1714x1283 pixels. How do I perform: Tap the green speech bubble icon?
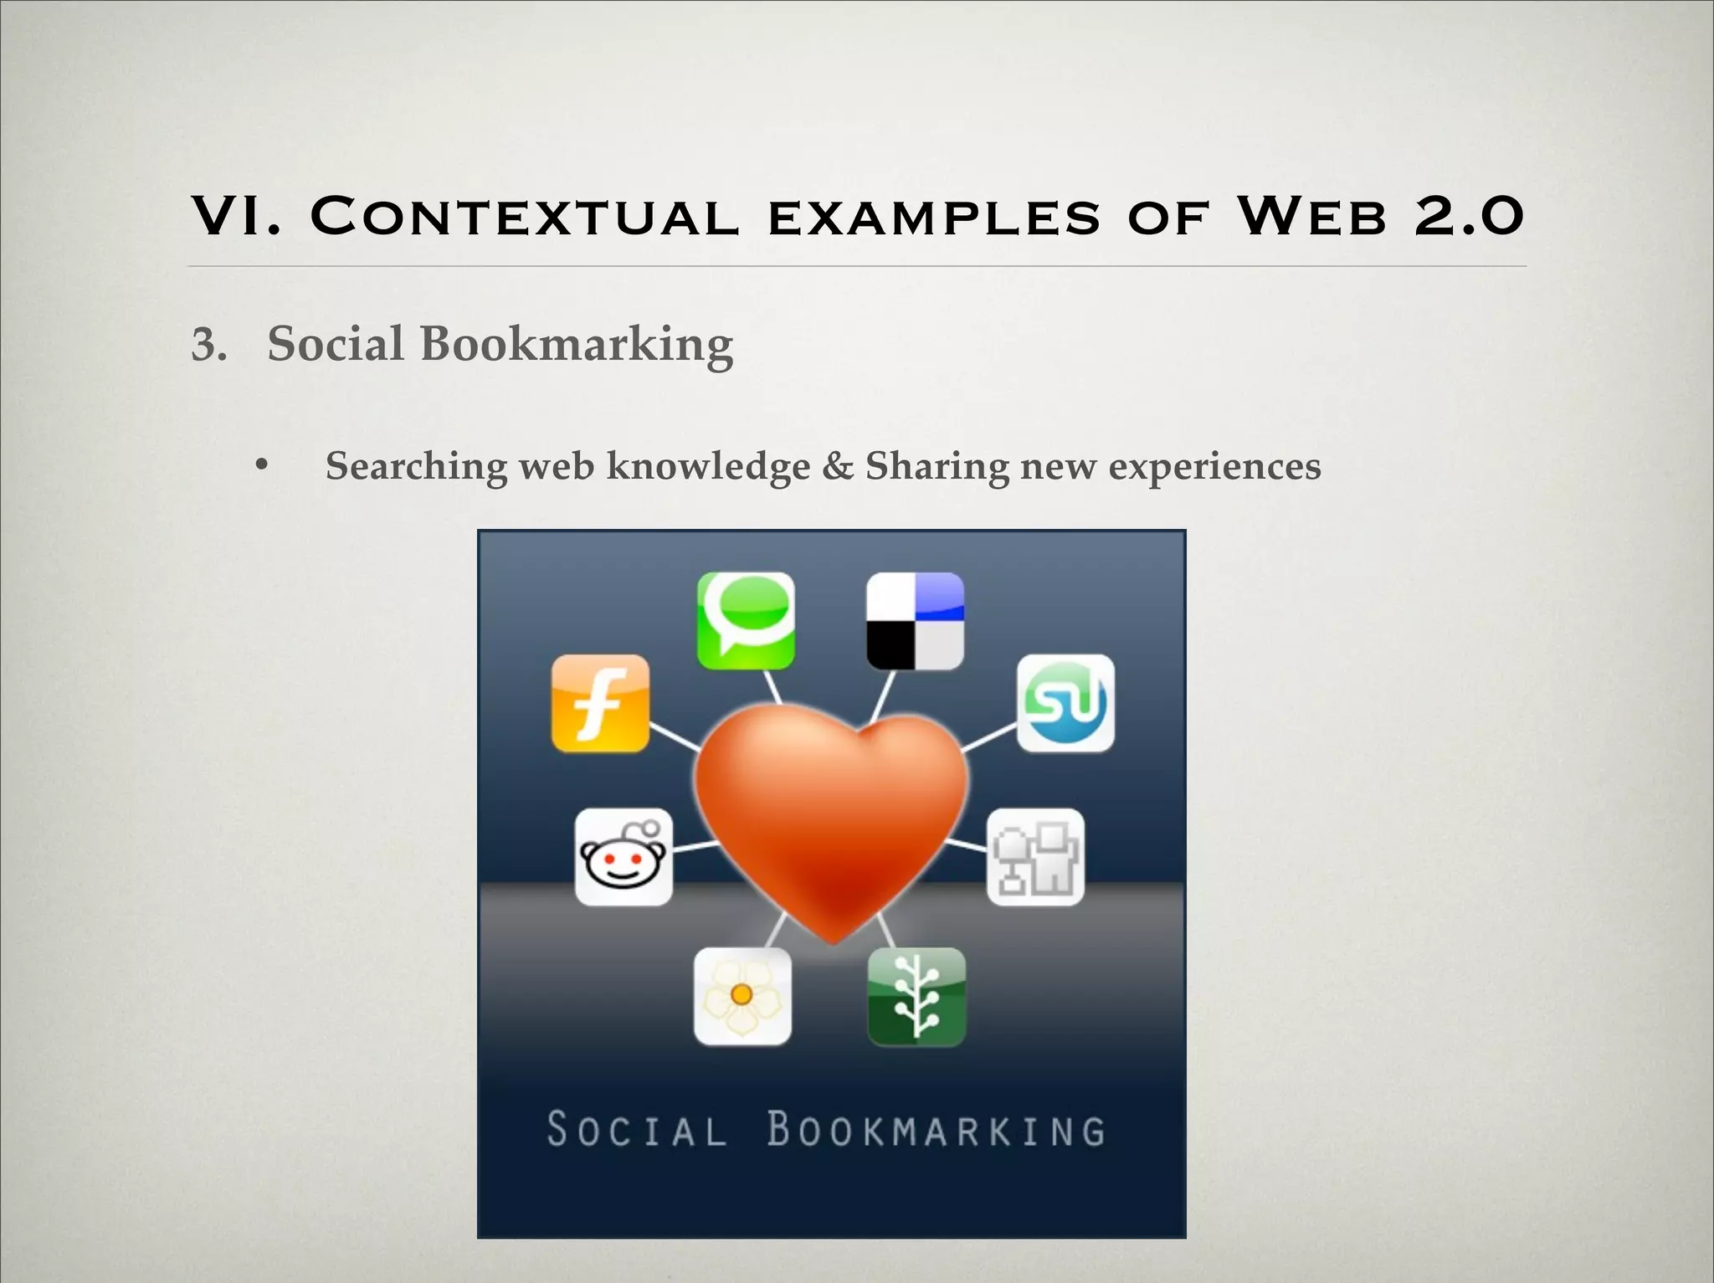point(746,620)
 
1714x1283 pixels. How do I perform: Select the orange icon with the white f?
point(600,703)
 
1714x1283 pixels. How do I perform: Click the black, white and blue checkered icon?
point(915,620)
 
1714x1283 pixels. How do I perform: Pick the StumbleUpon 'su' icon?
point(1065,703)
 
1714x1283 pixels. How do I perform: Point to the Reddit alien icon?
point(624,857)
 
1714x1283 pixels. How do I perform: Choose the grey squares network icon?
point(1035,857)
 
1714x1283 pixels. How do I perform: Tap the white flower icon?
point(742,996)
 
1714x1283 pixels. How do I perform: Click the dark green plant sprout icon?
point(916,996)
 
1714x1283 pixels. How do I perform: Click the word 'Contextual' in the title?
point(525,217)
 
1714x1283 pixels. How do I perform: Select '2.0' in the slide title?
point(1469,217)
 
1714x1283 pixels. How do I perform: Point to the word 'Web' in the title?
point(1311,217)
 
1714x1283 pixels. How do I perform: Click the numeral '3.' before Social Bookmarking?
point(209,345)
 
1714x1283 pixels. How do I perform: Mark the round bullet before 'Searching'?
point(262,464)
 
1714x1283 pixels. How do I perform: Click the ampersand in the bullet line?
point(837,466)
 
